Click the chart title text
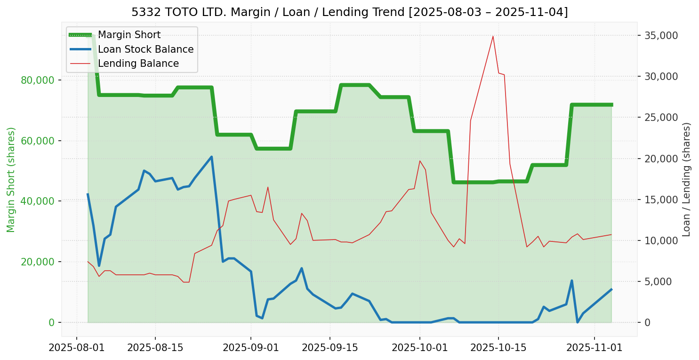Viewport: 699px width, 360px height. [349, 12]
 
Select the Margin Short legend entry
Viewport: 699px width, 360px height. [129, 35]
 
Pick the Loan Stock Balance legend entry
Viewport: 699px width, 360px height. [145, 49]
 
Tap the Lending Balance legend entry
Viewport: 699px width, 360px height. [138, 64]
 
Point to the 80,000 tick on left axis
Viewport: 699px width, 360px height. [35, 80]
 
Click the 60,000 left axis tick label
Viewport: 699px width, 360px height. [35, 141]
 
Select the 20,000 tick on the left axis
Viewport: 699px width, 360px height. [35, 262]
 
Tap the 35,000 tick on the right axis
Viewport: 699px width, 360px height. [661, 35]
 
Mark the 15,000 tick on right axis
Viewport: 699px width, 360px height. [661, 200]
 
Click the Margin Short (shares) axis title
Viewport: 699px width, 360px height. [11, 180]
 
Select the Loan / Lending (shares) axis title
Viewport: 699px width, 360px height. [686, 179]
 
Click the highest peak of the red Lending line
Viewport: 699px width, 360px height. [493, 36]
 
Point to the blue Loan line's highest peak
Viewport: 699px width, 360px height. [211, 157]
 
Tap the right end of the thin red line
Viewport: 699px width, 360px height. [611, 234]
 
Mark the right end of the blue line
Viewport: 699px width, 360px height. [611, 289]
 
